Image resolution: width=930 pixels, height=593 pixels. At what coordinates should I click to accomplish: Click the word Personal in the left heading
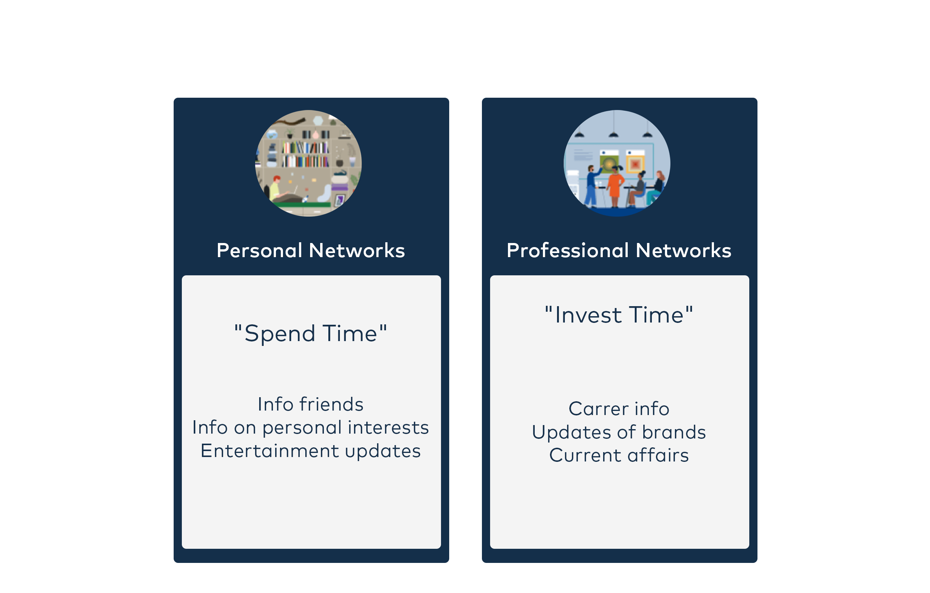[x=260, y=251]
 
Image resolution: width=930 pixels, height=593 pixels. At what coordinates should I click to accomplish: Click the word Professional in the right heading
[x=568, y=251]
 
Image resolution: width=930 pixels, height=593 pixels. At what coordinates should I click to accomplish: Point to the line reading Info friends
[x=311, y=404]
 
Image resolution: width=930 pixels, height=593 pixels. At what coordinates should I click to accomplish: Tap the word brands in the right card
[x=674, y=432]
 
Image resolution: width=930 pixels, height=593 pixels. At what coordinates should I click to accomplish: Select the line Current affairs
[x=619, y=455]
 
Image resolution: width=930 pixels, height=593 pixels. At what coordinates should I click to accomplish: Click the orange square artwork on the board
[x=635, y=164]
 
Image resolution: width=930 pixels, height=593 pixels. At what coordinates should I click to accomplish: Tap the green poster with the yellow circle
[x=609, y=164]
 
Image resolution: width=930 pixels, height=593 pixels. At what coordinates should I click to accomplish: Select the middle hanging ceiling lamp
[x=614, y=135]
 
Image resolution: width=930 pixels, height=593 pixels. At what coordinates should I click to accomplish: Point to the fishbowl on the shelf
[x=272, y=135]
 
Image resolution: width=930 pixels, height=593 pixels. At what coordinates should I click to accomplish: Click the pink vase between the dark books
[x=316, y=135]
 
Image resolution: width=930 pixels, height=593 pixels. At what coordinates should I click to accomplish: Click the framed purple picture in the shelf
[x=340, y=200]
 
